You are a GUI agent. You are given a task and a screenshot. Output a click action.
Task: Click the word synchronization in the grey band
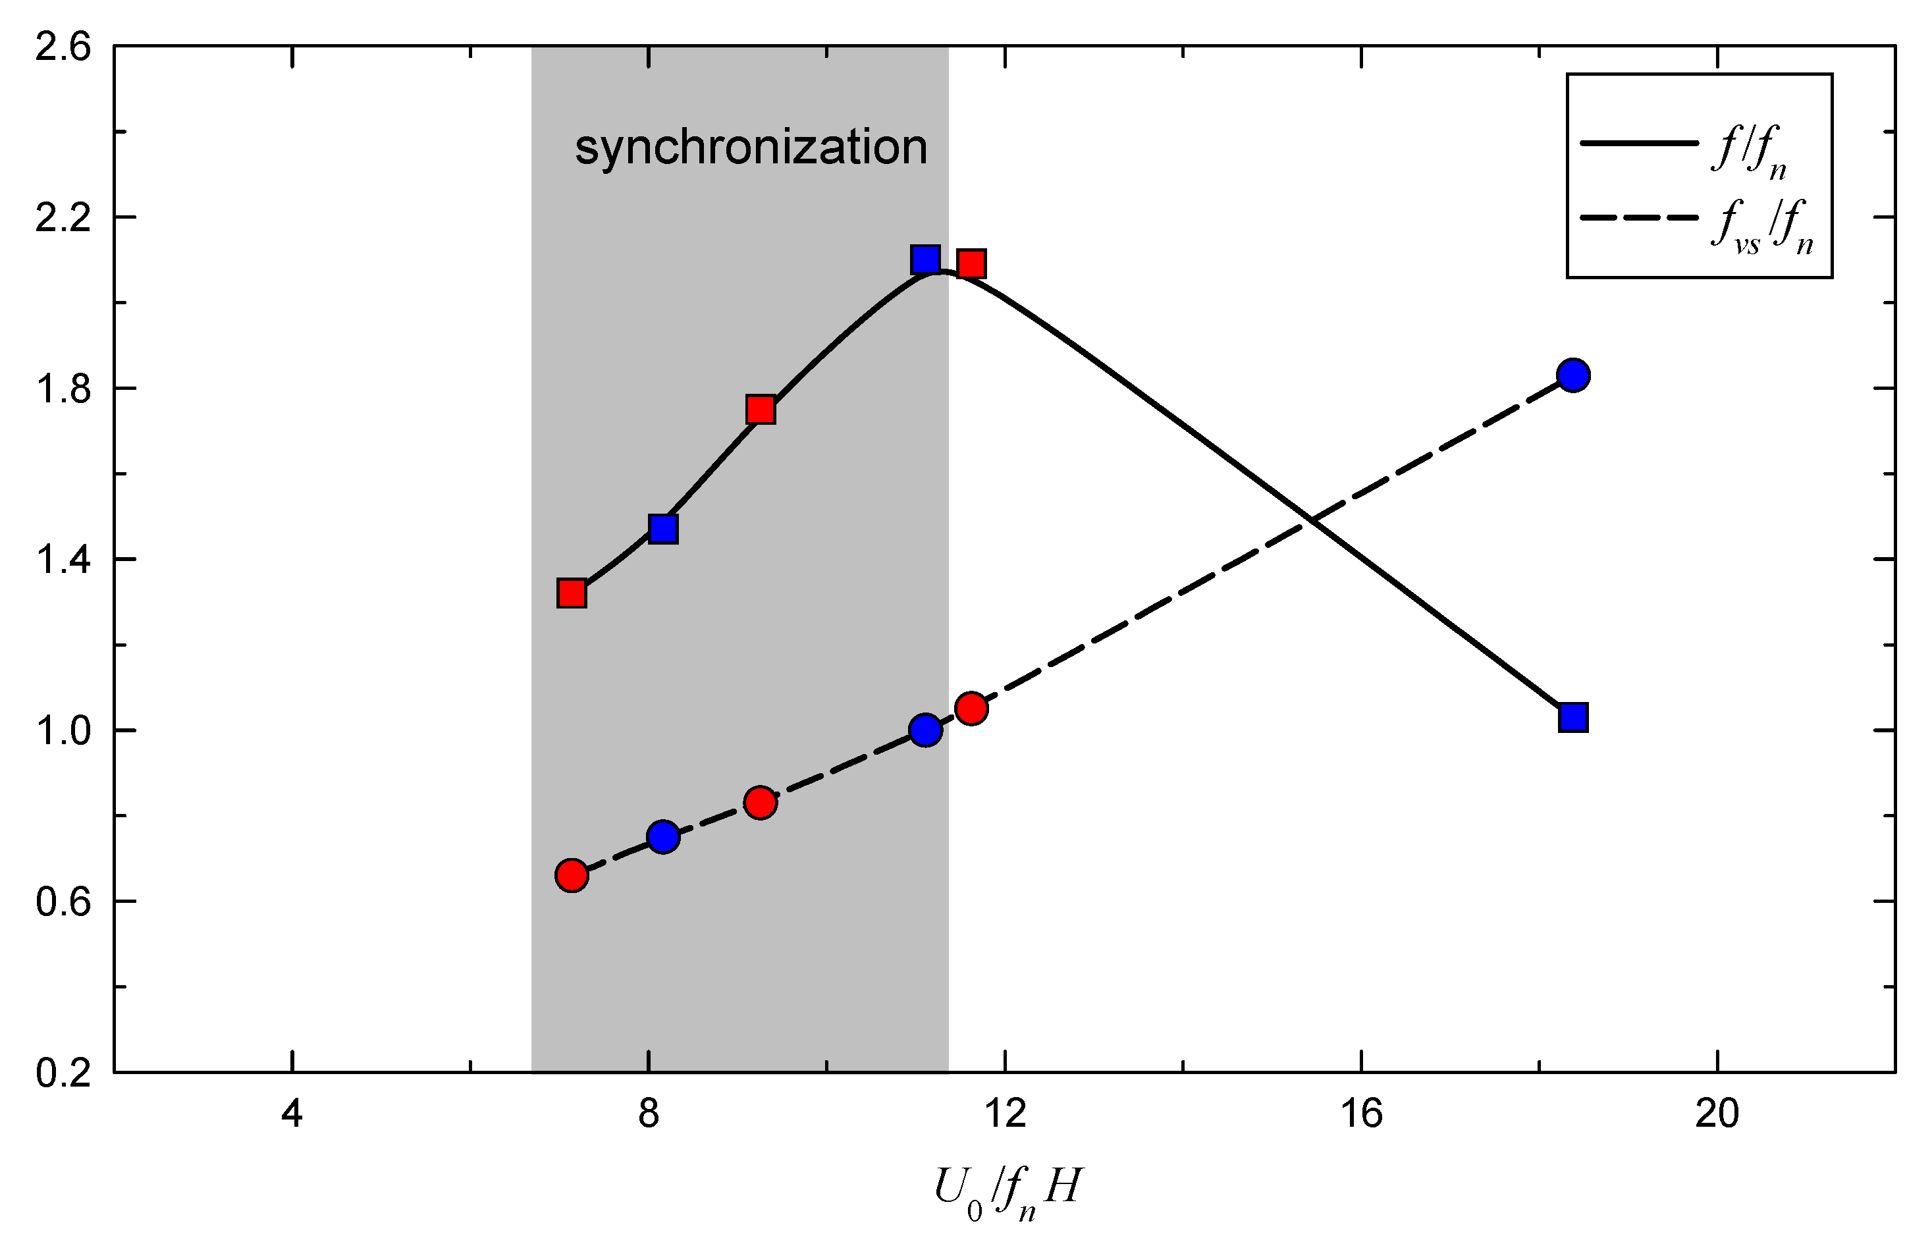point(751,148)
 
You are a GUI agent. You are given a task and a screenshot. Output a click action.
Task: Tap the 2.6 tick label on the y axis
point(63,47)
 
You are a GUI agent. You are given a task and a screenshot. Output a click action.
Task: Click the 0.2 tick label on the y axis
point(63,1073)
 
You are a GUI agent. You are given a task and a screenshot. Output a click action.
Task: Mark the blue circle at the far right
point(1573,375)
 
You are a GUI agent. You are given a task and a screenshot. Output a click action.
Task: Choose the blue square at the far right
point(1573,717)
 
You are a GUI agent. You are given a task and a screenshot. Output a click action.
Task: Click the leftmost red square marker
point(572,593)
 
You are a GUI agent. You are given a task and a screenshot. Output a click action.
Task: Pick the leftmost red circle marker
point(572,875)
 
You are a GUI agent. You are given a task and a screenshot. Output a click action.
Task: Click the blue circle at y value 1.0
point(925,730)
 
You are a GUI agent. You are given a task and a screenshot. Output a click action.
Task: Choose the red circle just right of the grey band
point(972,708)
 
